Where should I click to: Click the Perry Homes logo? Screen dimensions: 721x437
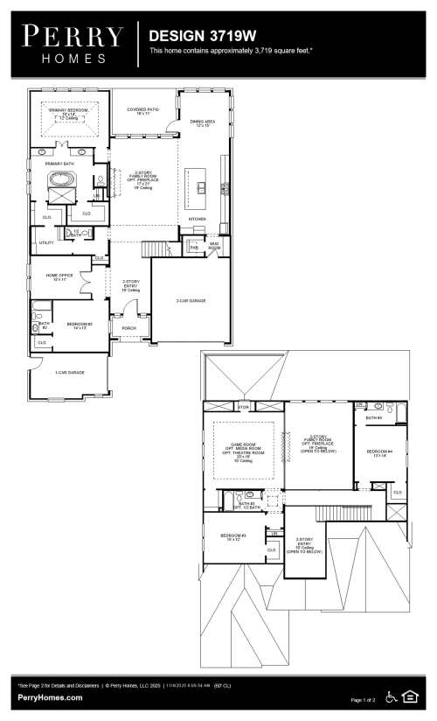click(73, 44)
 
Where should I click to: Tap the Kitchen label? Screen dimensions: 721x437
click(198, 219)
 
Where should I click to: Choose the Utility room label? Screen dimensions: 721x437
click(46, 242)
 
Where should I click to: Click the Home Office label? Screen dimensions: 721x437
click(59, 276)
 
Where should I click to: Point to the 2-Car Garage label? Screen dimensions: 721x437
click(190, 300)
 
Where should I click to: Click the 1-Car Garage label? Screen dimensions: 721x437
click(68, 373)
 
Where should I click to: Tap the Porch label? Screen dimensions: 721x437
click(128, 329)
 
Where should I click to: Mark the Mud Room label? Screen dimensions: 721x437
click(214, 248)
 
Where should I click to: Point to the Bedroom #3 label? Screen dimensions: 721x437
click(232, 535)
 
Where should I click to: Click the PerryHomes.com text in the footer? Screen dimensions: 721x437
click(51, 697)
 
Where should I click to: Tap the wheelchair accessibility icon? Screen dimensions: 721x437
click(392, 697)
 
